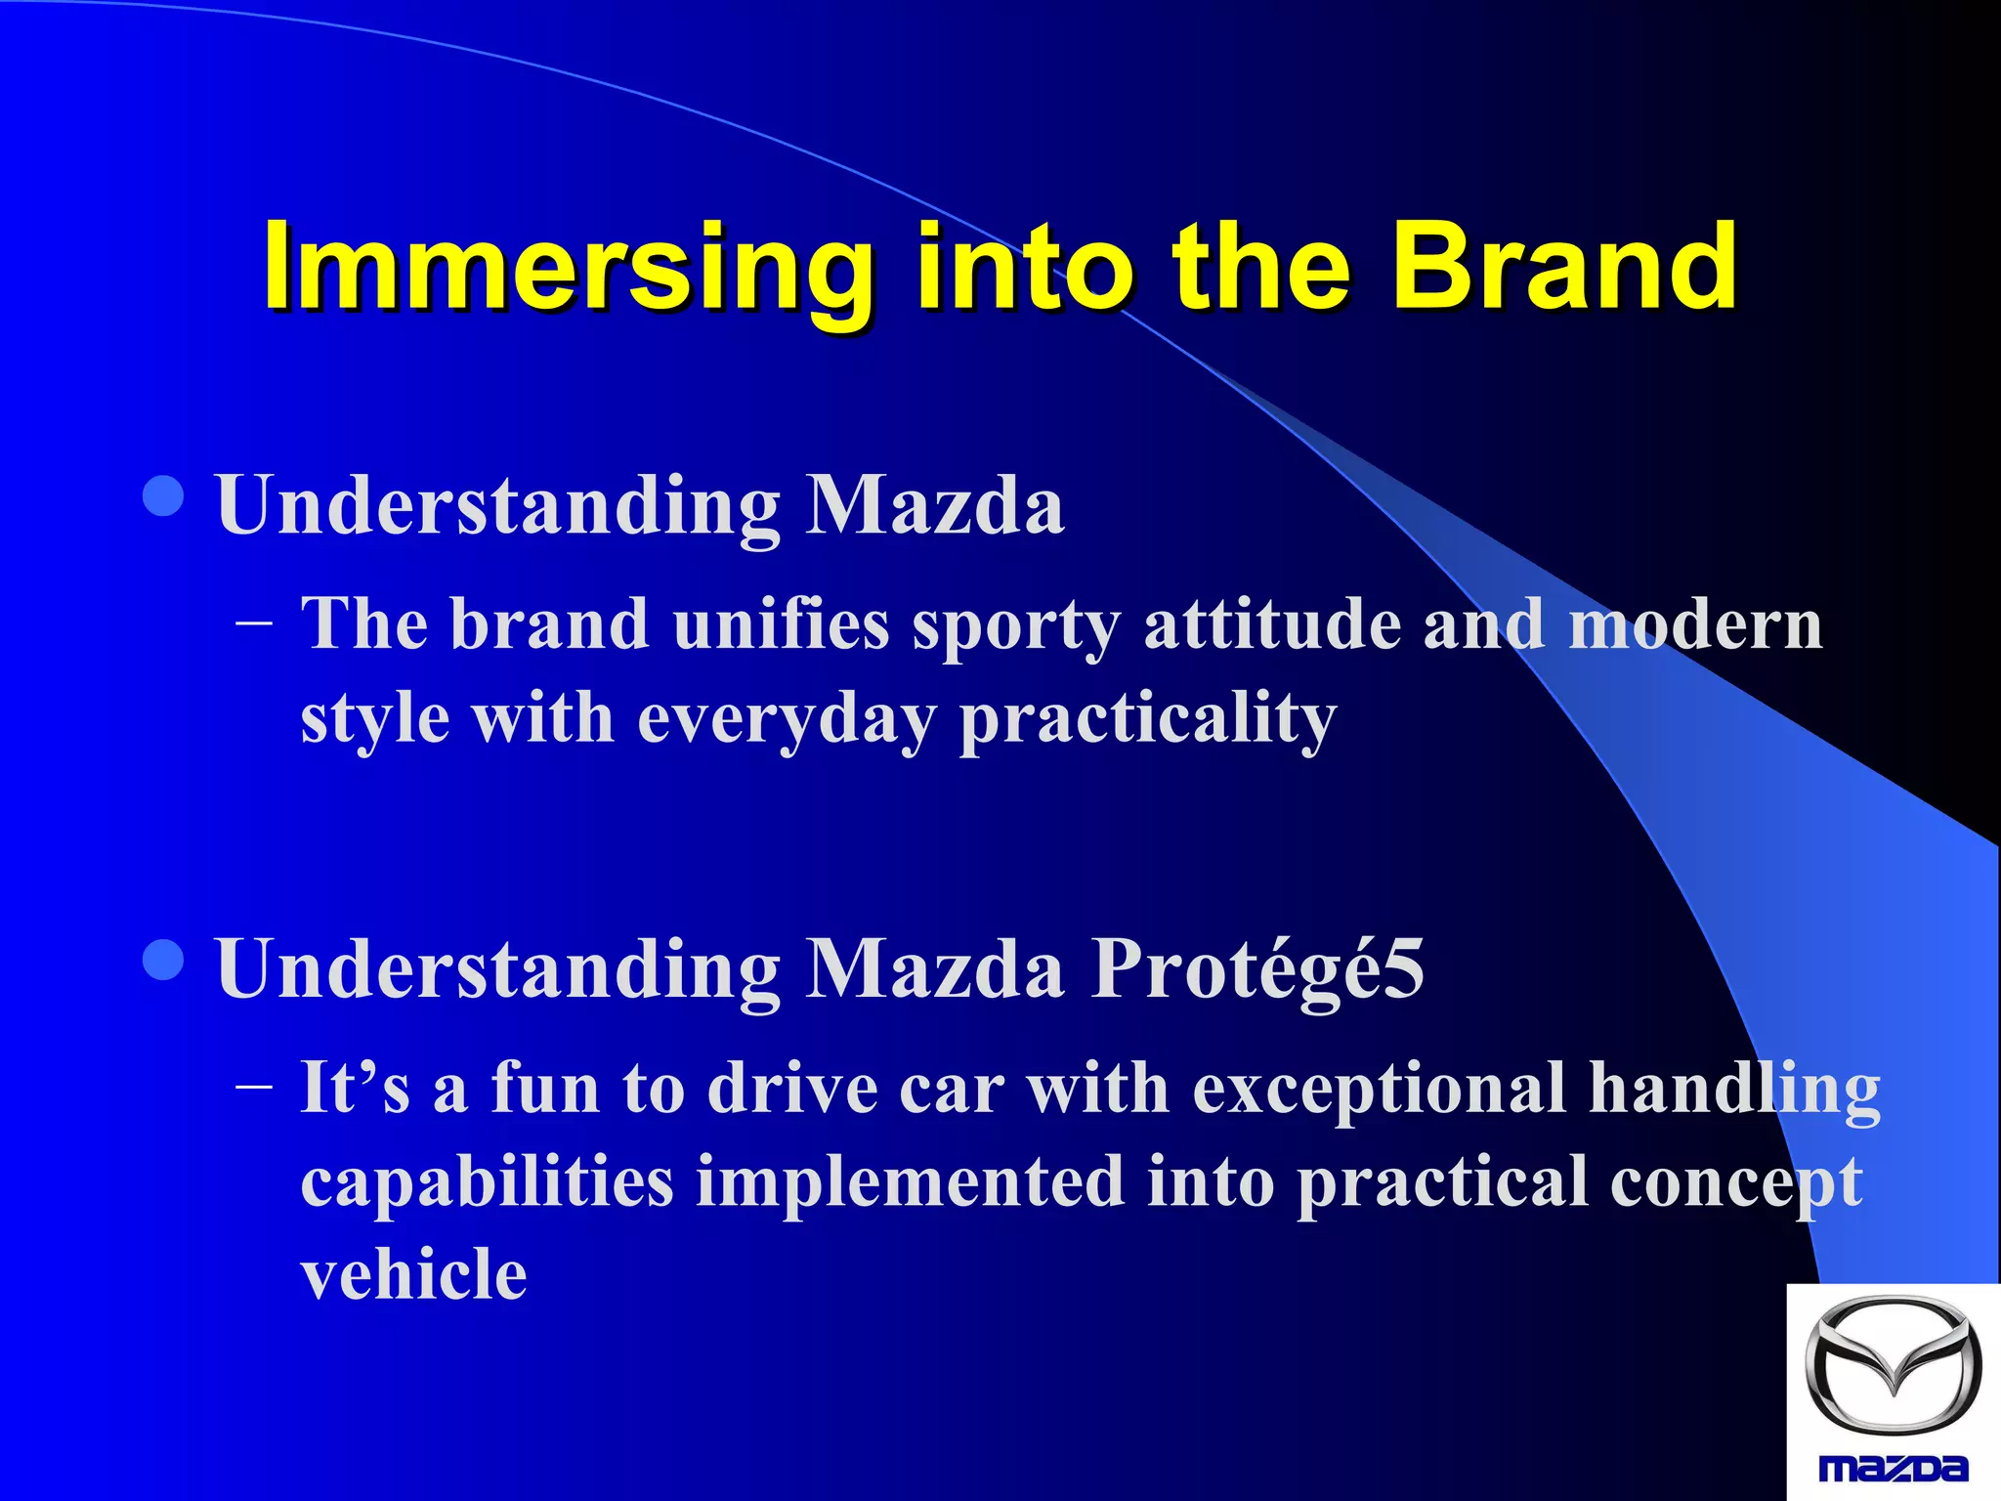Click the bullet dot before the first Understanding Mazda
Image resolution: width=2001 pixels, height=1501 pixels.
[x=163, y=495]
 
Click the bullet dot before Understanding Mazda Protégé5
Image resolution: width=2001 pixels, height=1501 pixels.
[x=163, y=960]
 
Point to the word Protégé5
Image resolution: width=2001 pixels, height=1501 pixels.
[x=1257, y=969]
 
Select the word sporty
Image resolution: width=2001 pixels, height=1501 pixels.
[x=1016, y=625]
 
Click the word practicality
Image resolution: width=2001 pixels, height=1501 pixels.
[x=1148, y=719]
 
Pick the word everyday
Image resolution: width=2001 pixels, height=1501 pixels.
[x=787, y=719]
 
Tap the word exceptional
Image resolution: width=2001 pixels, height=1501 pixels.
[x=1378, y=1089]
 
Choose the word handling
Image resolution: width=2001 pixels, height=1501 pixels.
[x=1734, y=1089]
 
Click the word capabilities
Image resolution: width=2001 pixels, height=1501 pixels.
[x=487, y=1181]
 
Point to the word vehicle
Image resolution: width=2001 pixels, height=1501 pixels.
[x=413, y=1274]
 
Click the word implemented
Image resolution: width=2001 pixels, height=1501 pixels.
[x=909, y=1181]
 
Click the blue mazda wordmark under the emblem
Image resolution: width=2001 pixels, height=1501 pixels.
[x=1893, y=1468]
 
